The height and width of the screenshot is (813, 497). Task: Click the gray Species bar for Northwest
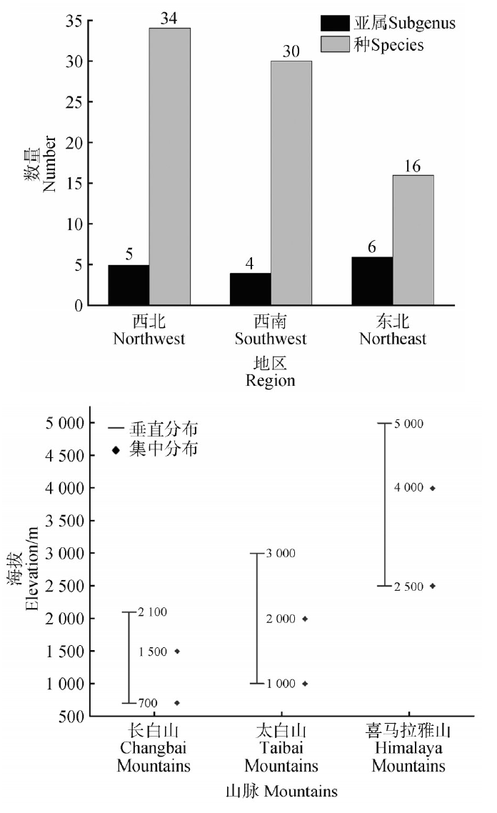pyautogui.click(x=170, y=166)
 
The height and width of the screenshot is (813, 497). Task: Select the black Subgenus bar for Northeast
pyautogui.click(x=372, y=281)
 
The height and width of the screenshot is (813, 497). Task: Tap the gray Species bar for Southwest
pyautogui.click(x=291, y=183)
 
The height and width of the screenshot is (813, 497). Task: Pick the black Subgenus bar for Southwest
pyautogui.click(x=250, y=289)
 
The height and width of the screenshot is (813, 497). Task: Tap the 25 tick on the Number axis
pyautogui.click(x=73, y=102)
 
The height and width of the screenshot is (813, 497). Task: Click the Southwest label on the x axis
pyautogui.click(x=271, y=338)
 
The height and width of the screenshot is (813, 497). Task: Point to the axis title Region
pyautogui.click(x=271, y=381)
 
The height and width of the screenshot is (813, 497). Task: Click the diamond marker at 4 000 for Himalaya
pyautogui.click(x=433, y=488)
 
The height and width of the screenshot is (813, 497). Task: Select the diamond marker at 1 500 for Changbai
pyautogui.click(x=177, y=651)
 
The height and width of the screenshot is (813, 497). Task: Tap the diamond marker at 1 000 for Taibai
pyautogui.click(x=305, y=684)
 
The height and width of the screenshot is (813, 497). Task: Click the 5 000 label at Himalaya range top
pyautogui.click(x=409, y=424)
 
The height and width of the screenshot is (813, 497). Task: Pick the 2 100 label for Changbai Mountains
pyautogui.click(x=151, y=612)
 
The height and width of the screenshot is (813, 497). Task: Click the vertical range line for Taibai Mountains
pyautogui.click(x=257, y=618)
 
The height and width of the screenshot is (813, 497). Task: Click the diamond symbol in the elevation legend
pyautogui.click(x=116, y=451)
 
